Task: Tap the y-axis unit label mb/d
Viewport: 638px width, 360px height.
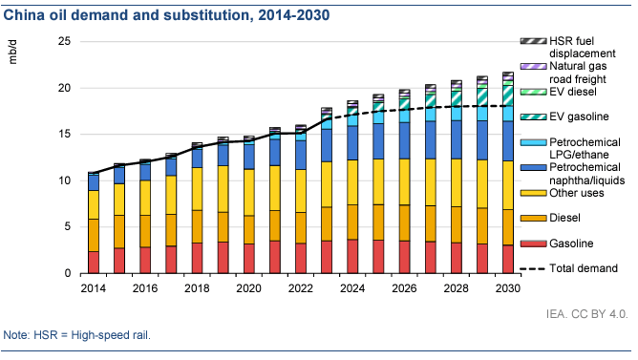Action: point(13,52)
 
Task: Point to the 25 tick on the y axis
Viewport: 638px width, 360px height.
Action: point(64,41)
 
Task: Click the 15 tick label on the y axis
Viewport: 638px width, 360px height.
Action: point(64,134)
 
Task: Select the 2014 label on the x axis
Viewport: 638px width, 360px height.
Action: point(94,288)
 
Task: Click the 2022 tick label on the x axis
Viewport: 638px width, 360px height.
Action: point(301,288)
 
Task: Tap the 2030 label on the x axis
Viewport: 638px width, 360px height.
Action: point(508,288)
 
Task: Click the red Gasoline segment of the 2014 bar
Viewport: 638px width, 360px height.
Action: point(94,262)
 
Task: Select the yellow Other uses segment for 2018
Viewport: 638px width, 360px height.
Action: point(197,189)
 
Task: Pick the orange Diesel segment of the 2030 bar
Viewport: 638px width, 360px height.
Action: point(508,227)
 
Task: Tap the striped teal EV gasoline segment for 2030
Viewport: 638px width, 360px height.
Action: point(508,96)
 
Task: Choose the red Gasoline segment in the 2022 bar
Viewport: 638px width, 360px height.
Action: point(301,259)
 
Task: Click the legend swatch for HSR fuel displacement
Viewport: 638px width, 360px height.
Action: point(533,41)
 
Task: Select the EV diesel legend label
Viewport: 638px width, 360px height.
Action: point(573,92)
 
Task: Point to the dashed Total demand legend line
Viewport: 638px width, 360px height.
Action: point(533,269)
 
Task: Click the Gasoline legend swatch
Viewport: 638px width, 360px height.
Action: point(533,244)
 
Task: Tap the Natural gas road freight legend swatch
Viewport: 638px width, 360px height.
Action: point(533,66)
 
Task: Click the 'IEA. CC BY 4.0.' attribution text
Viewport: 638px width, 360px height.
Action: point(586,314)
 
